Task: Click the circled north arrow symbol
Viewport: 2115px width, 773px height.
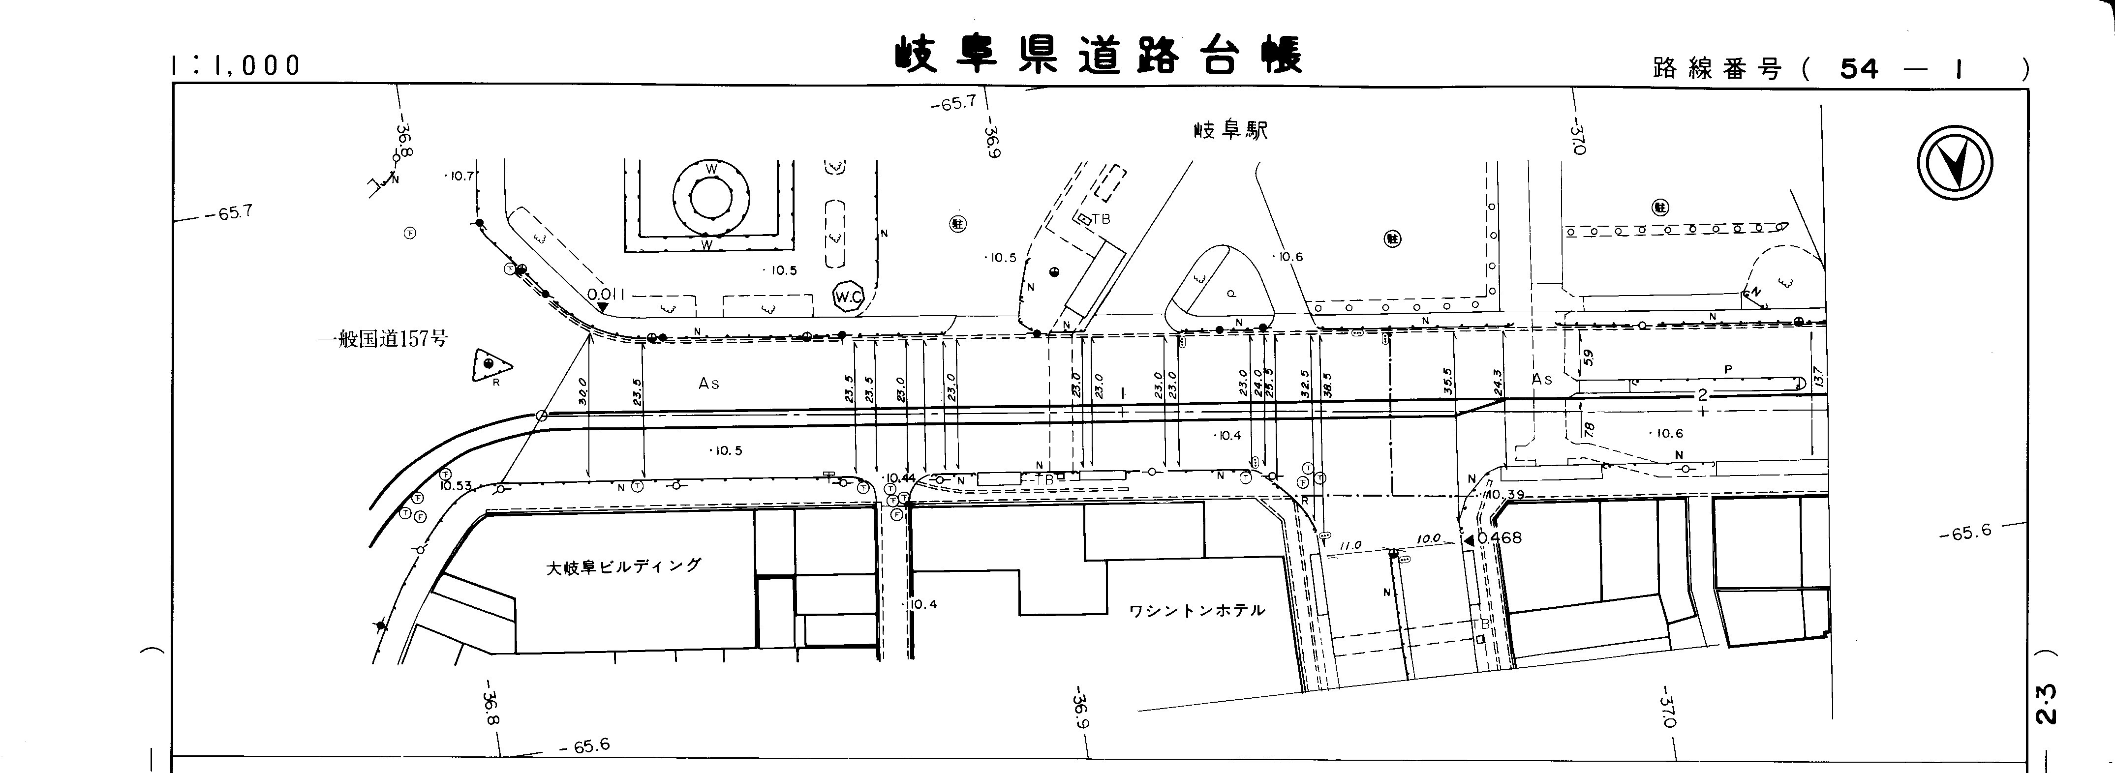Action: tap(1956, 168)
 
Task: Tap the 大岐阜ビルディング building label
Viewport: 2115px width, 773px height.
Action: tap(624, 566)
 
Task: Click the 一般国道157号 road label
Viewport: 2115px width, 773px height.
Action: tap(383, 339)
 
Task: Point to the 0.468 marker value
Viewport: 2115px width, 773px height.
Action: tap(1499, 538)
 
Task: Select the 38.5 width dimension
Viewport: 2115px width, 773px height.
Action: tap(1327, 384)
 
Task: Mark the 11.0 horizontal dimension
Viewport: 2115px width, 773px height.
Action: tap(1350, 545)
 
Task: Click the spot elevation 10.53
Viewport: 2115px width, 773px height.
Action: tap(455, 486)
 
